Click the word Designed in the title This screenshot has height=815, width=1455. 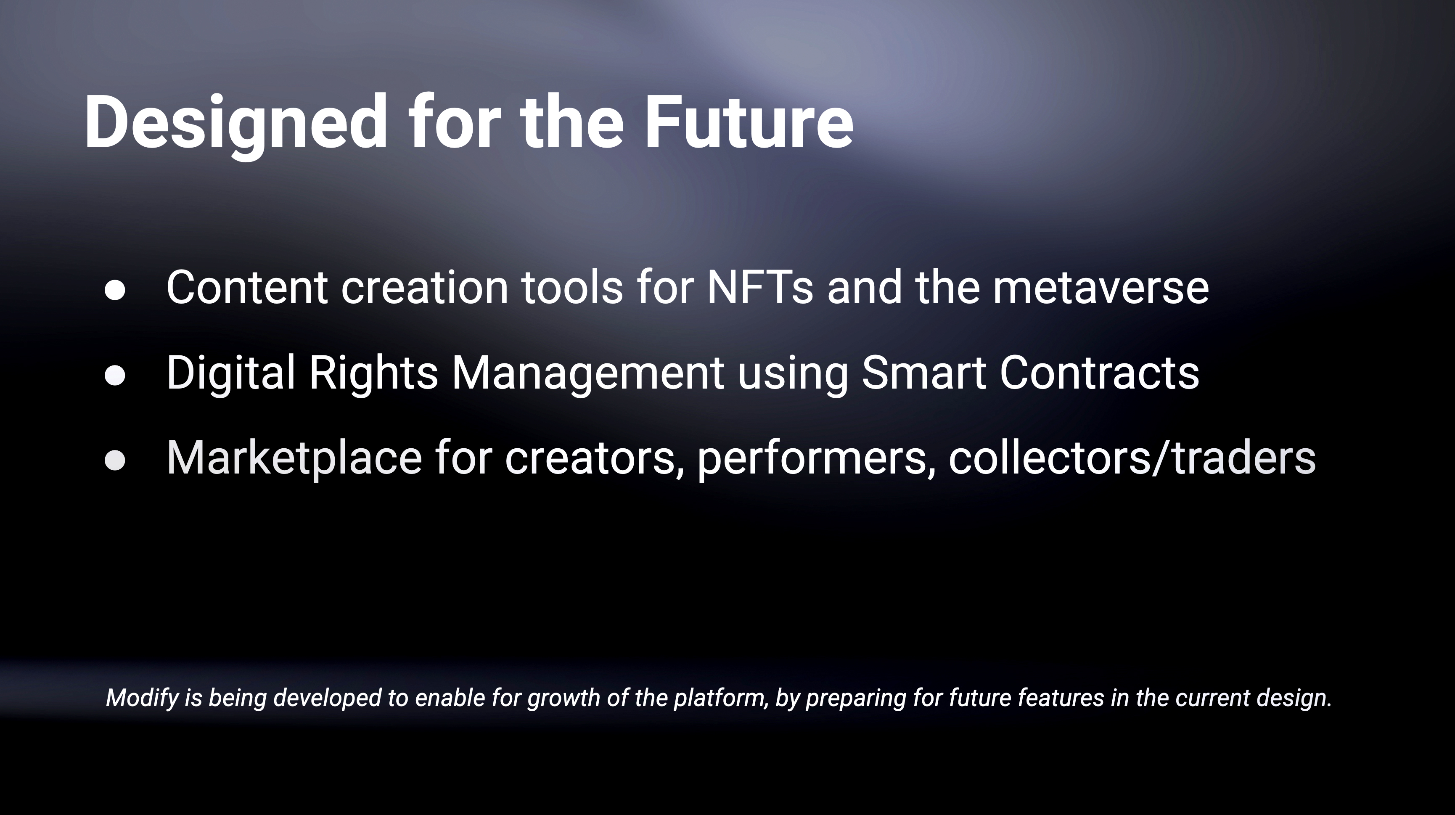click(x=235, y=123)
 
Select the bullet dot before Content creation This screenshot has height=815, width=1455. click(x=115, y=290)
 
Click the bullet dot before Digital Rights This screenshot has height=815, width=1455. click(x=115, y=376)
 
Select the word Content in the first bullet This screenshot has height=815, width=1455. click(x=247, y=287)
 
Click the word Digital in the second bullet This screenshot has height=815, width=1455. click(x=231, y=373)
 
